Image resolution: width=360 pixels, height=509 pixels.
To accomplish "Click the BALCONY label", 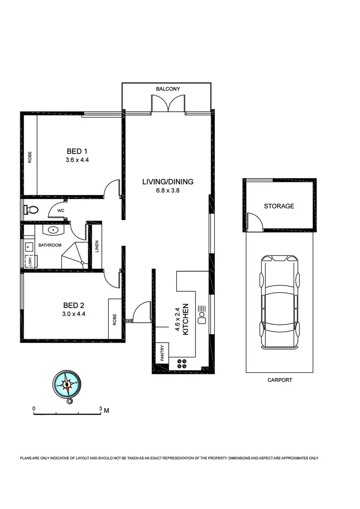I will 168,89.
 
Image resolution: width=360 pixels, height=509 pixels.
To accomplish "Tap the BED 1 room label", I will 77,151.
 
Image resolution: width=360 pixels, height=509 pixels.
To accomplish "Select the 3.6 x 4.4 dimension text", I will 77,160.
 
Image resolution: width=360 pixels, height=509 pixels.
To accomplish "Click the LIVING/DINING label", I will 168,181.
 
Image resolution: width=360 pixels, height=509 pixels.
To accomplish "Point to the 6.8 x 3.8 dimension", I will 168,191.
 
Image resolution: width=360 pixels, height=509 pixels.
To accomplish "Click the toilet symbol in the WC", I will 32,209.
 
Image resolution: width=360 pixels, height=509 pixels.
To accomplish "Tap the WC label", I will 61,210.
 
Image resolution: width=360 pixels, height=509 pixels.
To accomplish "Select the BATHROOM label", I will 50,245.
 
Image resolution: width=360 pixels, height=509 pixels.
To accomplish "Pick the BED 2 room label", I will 73,304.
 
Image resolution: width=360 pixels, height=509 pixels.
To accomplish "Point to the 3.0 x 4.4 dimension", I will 73,313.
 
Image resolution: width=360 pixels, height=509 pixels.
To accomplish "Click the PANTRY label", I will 162,353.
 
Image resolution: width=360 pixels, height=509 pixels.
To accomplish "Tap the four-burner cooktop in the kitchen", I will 181,363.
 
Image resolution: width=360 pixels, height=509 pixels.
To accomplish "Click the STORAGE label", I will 279,206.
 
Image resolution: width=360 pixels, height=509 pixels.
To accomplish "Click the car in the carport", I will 279,302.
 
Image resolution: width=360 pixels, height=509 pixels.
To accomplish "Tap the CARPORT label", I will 280,380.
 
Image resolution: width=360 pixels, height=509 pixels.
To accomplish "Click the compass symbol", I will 66,385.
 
